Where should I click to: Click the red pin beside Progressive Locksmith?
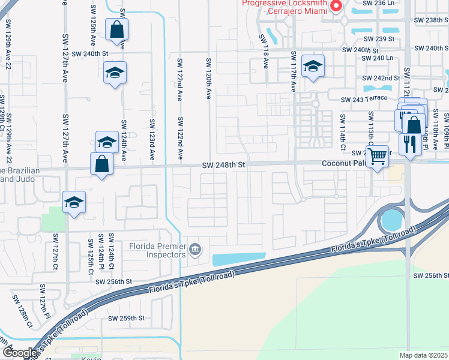coord(336,6)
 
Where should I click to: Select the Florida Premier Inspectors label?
coord(157,250)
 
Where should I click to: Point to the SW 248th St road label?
coord(224,164)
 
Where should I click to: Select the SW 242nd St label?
coord(381,78)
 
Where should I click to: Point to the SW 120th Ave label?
coord(208,80)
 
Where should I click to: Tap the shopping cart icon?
coord(377,157)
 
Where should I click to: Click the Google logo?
coord(20,353)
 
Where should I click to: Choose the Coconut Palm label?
coord(343,164)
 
